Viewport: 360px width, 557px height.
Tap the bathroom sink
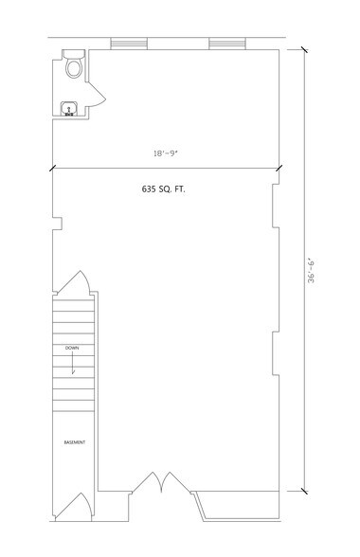(68, 111)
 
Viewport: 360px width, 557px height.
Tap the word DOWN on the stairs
(72, 349)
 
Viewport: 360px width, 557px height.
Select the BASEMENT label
(75, 441)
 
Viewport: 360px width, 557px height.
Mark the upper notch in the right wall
(275, 205)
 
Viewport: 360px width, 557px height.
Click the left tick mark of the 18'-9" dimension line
(52, 168)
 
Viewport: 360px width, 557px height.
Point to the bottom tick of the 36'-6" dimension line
(304, 492)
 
